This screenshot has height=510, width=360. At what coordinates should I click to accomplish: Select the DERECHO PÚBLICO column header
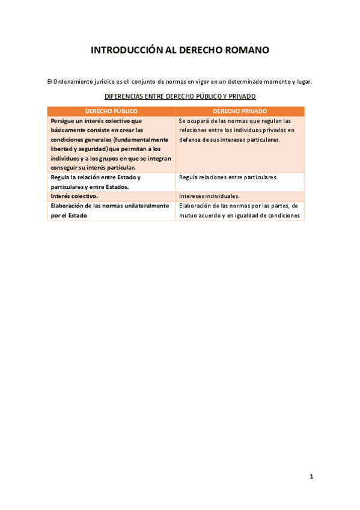pos(111,111)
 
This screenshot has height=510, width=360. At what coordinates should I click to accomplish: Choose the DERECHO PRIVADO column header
pos(240,111)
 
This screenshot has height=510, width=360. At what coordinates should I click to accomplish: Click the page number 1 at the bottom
pos(311,476)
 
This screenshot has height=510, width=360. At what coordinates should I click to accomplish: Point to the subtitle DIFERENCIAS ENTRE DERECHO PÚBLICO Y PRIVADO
pos(180,96)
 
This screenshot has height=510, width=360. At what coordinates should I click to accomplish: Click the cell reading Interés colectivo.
pos(75,196)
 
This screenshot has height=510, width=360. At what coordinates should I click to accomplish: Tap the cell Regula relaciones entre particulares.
pos(228,177)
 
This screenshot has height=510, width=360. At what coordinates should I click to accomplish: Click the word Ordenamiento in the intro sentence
pos(78,81)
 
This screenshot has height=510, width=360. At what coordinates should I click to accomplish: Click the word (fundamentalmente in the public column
pos(141,140)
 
